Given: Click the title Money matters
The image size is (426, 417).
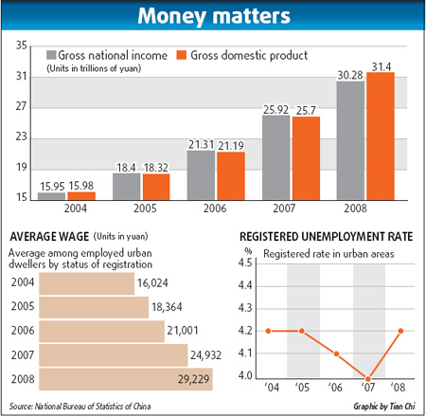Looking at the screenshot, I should coord(213,17).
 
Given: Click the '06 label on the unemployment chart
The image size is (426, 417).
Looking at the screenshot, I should coord(335,389).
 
